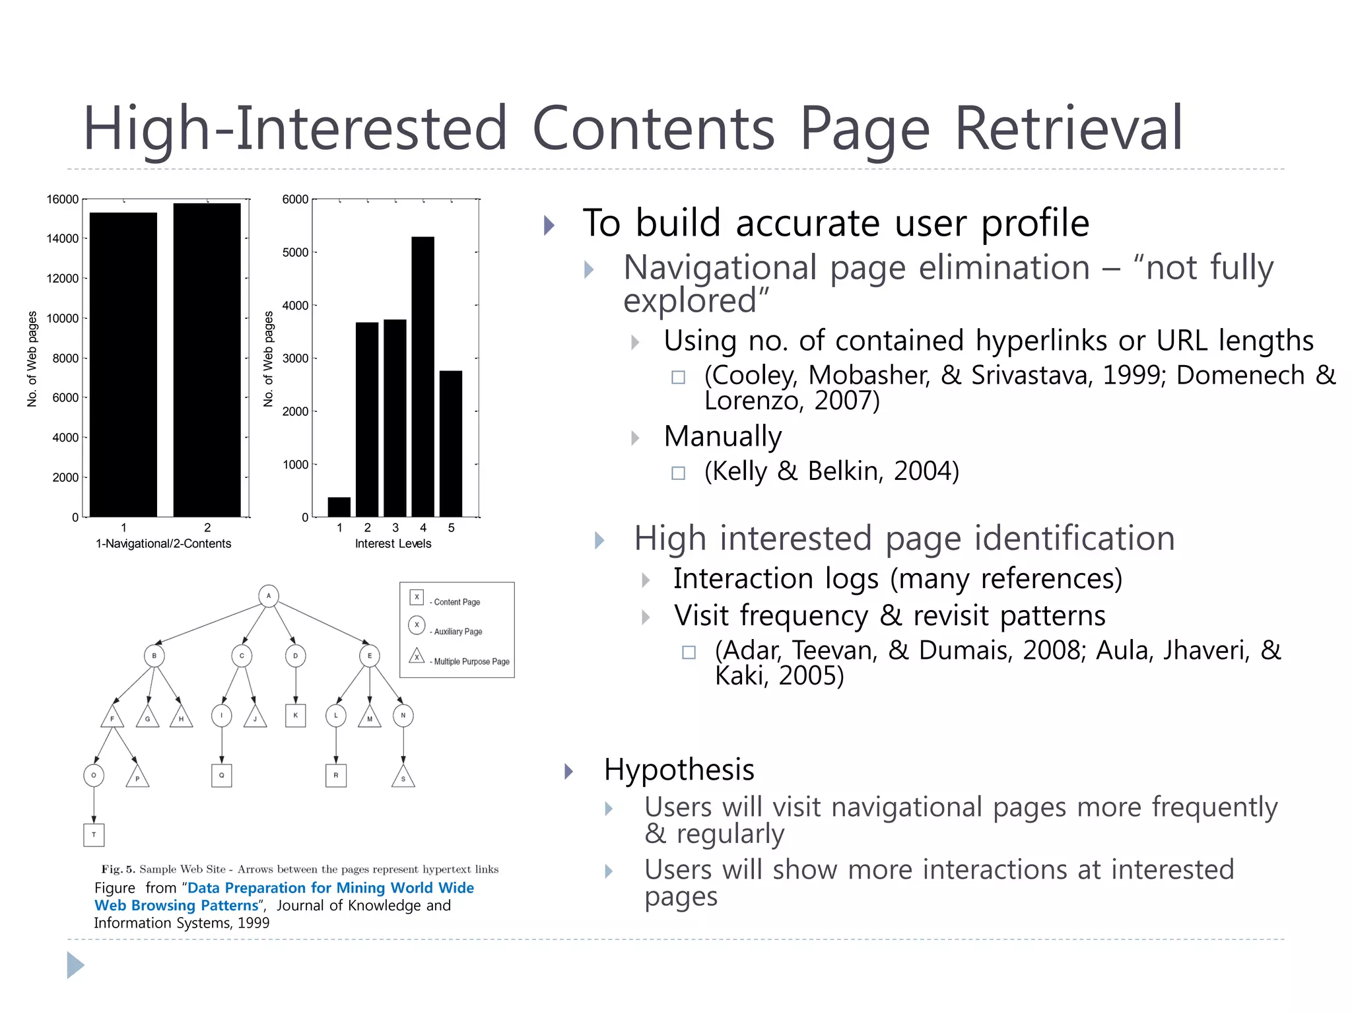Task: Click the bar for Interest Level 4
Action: click(422, 376)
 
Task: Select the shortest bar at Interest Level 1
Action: click(339, 507)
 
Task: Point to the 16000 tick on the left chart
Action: click(62, 199)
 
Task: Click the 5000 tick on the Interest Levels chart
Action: click(295, 252)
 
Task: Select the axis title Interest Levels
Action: click(393, 543)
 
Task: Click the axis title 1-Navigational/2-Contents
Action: click(163, 543)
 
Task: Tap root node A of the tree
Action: click(268, 595)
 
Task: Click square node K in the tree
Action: click(295, 715)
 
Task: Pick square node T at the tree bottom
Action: click(94, 834)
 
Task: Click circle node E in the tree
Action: click(369, 656)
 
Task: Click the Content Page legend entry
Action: click(456, 601)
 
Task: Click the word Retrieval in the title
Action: click(1068, 128)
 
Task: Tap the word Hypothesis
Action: click(679, 770)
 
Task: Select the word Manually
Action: click(722, 436)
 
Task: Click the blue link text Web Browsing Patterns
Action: click(176, 905)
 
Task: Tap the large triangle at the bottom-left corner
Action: click(75, 965)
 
